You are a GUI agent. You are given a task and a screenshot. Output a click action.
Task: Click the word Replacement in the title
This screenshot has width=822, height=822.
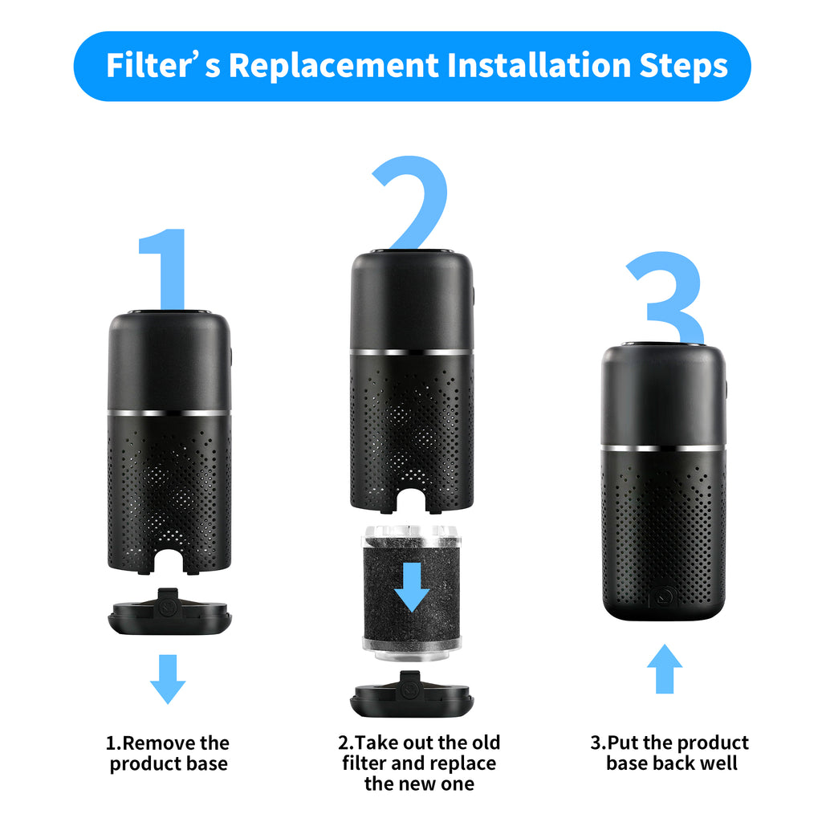[334, 66]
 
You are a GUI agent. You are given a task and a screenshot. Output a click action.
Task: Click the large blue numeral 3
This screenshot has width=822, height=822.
[666, 297]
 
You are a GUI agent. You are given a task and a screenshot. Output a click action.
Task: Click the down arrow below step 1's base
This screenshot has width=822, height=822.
[168, 679]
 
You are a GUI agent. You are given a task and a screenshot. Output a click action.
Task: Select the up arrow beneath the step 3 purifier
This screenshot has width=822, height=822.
[665, 668]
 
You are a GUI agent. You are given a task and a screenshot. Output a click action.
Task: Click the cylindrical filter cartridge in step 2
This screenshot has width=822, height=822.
[412, 594]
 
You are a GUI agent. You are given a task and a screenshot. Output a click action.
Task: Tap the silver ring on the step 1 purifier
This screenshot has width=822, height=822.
[169, 413]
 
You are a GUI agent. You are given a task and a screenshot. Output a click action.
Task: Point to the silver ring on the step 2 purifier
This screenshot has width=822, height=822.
[412, 352]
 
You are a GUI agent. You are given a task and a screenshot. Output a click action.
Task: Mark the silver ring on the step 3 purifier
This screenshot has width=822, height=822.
[664, 447]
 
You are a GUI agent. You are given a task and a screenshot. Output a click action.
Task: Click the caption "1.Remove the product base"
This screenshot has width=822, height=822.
[169, 753]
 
